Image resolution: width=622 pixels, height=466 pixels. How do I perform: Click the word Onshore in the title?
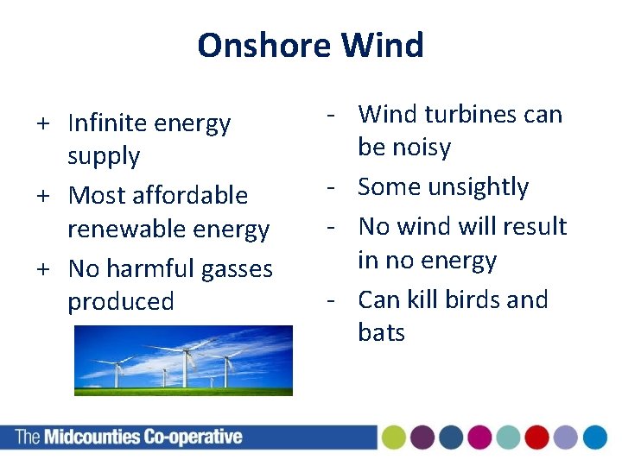point(265,45)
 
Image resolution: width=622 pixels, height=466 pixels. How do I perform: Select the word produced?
point(121,302)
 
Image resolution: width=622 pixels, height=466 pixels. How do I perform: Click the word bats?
point(381,332)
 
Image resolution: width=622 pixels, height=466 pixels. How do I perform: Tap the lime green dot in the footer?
point(394,438)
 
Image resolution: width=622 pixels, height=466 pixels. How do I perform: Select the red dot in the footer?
point(536,438)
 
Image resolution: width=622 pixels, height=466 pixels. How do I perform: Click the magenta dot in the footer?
point(479,438)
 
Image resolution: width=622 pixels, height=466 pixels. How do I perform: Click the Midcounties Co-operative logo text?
point(130,437)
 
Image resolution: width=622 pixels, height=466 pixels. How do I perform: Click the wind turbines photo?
point(183,360)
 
